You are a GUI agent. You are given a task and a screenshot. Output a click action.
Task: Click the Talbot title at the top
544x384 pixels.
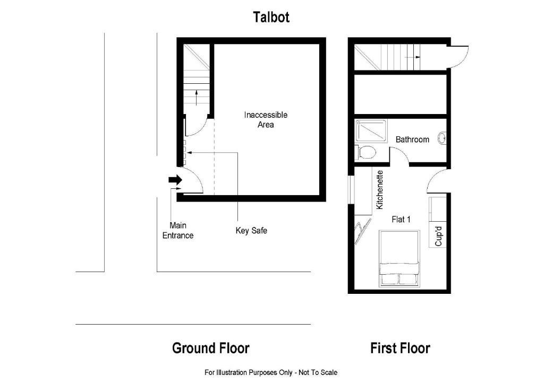[271, 17]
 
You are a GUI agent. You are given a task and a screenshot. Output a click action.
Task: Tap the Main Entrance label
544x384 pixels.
[178, 230]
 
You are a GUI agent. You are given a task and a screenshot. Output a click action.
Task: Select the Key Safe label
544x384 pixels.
[251, 231]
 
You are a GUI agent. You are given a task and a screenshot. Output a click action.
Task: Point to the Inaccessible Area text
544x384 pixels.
[266, 119]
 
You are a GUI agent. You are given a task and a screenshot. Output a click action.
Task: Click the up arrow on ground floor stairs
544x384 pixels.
[197, 98]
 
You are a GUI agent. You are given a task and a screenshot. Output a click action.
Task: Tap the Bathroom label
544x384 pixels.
[412, 139]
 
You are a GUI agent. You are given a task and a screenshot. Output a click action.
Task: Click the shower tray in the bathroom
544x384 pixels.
[370, 130]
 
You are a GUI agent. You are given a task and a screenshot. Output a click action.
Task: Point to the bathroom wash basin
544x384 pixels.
[441, 139]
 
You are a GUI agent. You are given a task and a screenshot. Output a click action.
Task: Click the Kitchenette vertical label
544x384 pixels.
[380, 189]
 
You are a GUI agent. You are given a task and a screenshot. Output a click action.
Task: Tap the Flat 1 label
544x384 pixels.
[401, 219]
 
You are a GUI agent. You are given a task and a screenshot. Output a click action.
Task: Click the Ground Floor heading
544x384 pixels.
[210, 348]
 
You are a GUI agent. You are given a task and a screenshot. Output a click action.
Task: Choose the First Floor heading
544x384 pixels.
[400, 348]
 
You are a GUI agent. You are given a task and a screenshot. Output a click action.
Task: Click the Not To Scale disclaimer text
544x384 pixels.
[271, 372]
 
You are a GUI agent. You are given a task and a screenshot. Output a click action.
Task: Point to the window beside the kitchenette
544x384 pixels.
[351, 189]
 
